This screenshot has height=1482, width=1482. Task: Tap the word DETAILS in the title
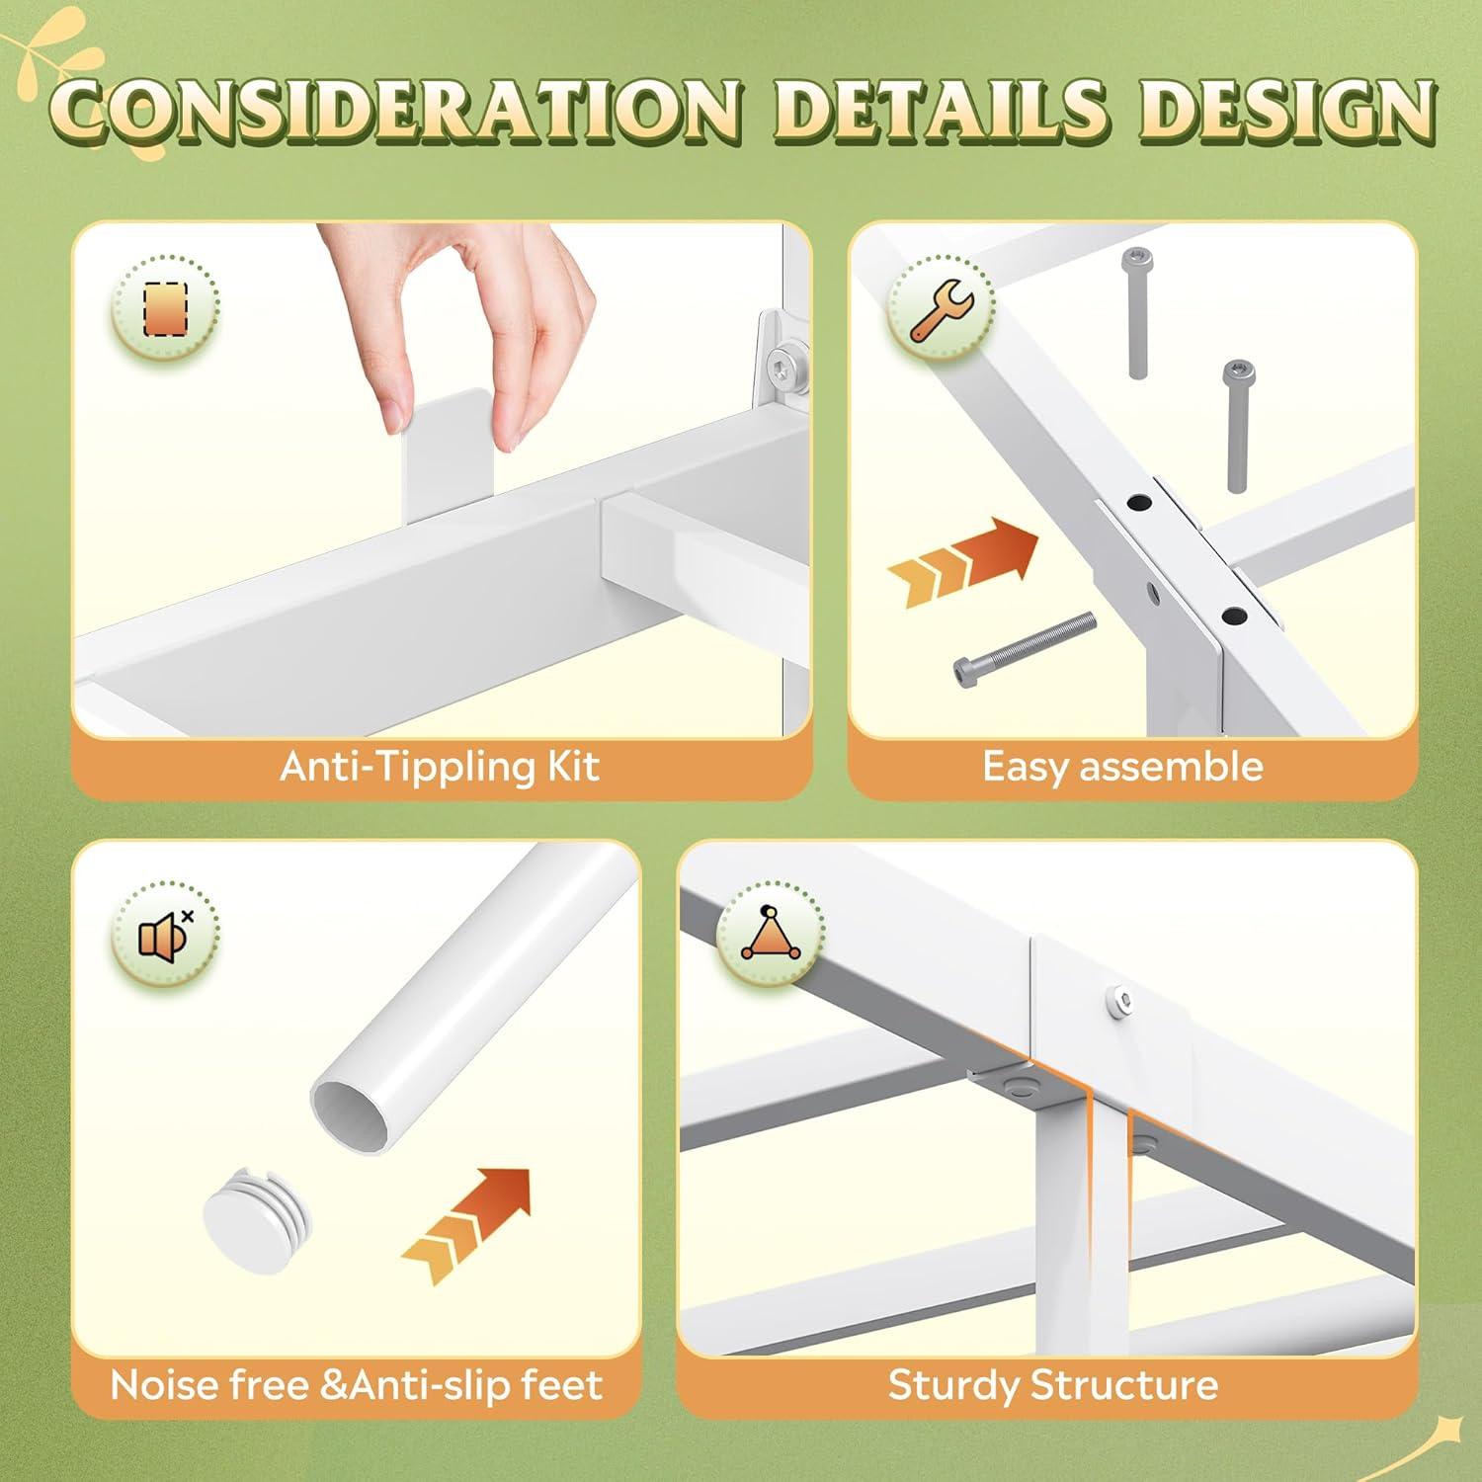(949, 123)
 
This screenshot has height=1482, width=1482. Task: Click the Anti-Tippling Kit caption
(440, 768)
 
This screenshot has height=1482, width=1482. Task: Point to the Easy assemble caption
(1122, 768)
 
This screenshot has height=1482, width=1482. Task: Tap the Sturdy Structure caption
(1052, 1385)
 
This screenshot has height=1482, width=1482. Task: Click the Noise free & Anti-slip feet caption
(357, 1385)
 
